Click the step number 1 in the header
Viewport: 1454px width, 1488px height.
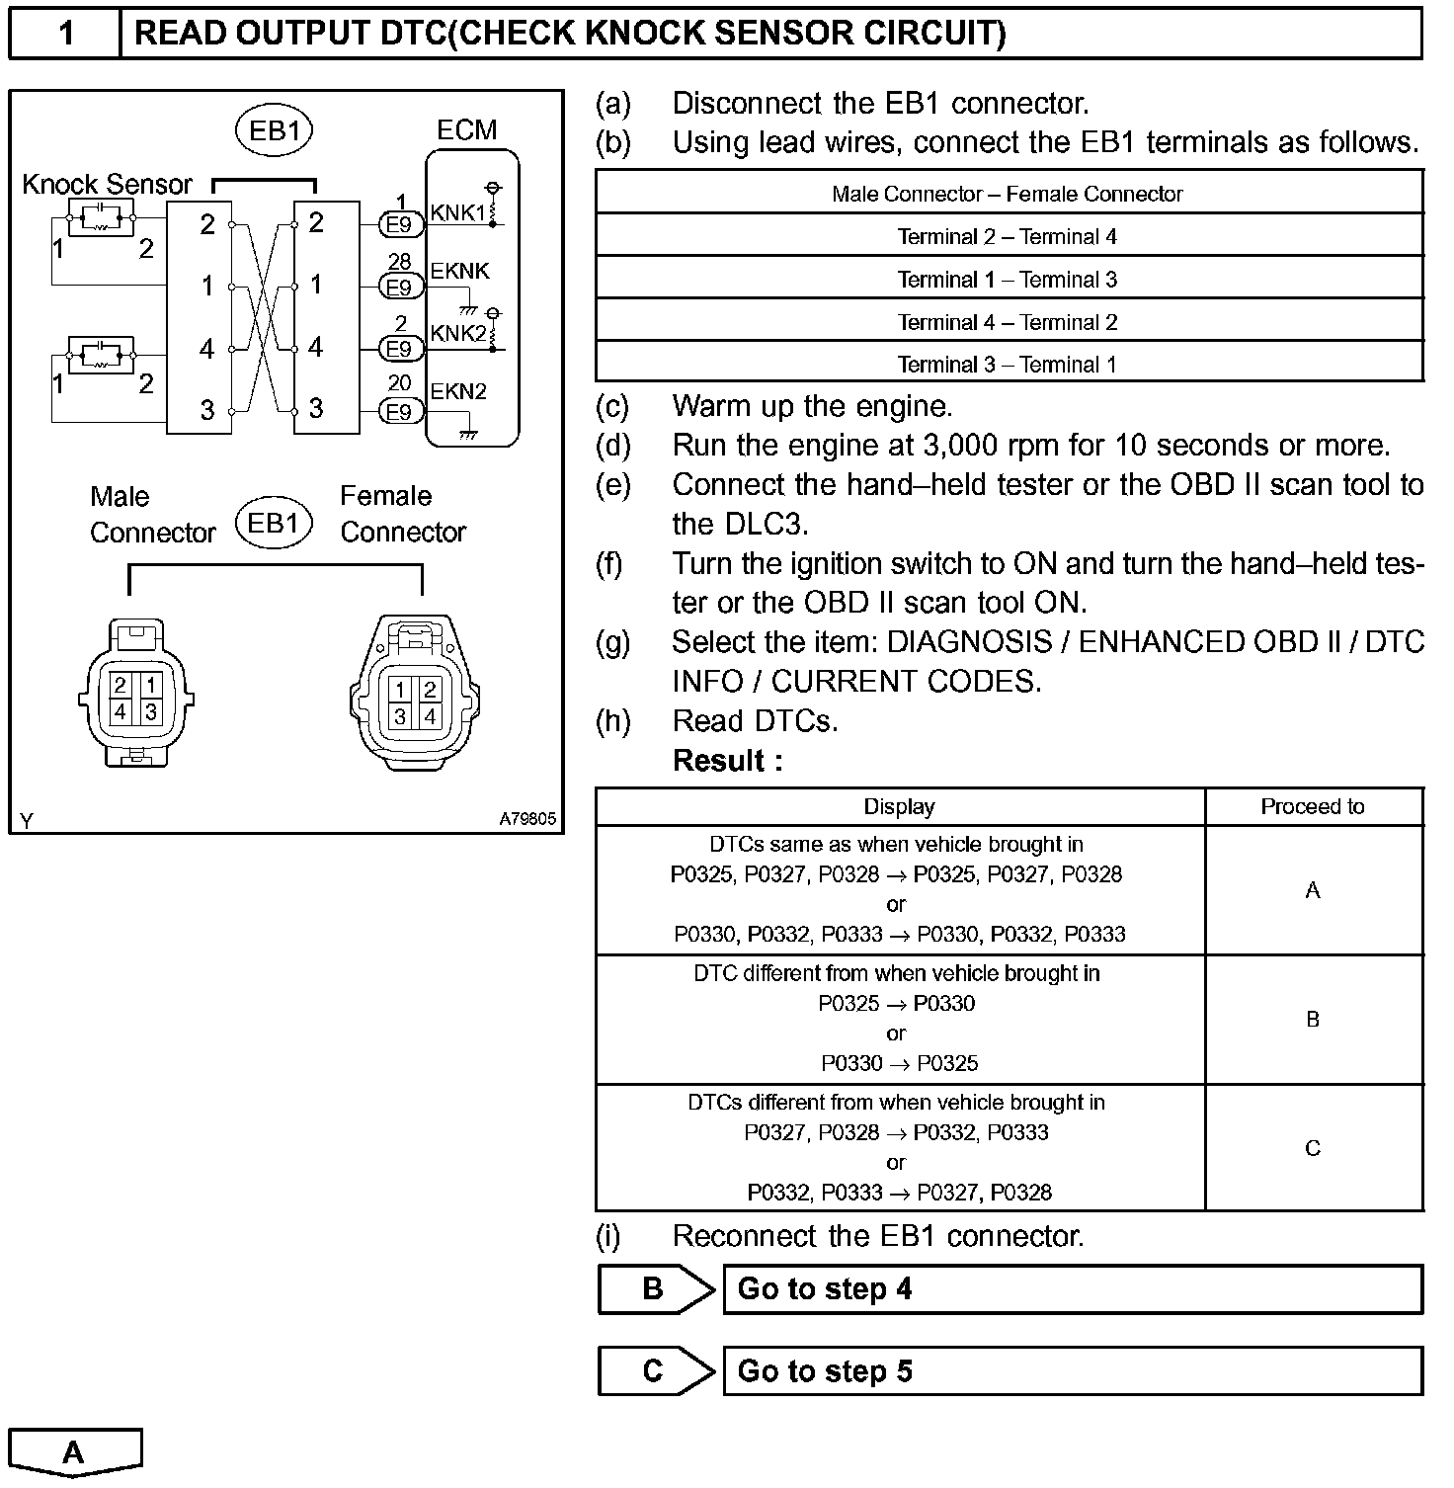[65, 34]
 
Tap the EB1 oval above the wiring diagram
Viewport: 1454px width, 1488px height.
[274, 131]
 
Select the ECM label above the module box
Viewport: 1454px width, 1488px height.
[466, 130]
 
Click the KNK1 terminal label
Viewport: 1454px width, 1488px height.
[457, 213]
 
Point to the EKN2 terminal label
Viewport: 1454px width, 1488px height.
[458, 391]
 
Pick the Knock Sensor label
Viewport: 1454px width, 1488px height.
[107, 185]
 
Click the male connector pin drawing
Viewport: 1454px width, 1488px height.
[135, 696]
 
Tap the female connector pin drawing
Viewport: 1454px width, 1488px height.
[415, 697]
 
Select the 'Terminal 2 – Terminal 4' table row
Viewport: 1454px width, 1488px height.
[1008, 237]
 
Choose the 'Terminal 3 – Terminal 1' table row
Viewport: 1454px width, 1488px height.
[1008, 365]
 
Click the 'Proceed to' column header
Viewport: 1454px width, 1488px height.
[1312, 807]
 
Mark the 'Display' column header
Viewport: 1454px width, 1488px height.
[899, 807]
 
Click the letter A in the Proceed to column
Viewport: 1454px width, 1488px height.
[1312, 891]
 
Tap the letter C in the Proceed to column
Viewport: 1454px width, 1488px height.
[1312, 1149]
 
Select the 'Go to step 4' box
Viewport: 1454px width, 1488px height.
[1072, 1289]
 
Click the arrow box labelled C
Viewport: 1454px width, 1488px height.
[655, 1371]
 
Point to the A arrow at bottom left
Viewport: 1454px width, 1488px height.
[75, 1452]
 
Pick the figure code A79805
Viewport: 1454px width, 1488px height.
[526, 819]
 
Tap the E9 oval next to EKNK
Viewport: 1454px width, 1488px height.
[399, 288]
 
